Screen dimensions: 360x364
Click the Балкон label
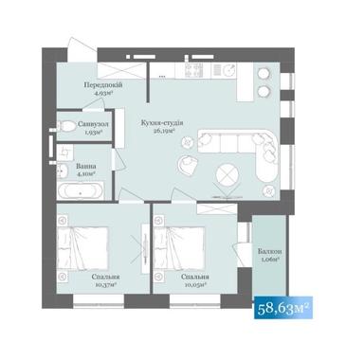tap(267, 250)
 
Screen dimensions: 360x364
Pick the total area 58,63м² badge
tap(284, 308)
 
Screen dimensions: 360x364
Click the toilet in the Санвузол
tap(66, 126)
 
